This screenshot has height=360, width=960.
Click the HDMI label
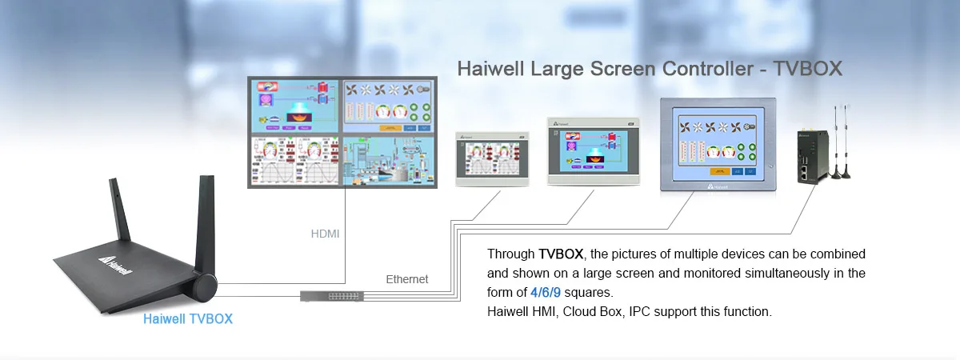325,234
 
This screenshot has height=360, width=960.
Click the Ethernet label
407,279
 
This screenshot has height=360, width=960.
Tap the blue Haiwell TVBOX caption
187,318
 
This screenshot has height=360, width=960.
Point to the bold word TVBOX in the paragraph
562,254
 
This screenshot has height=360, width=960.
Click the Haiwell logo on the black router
117,265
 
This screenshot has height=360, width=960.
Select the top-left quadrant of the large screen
294,106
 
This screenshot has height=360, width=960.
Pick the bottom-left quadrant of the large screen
294,161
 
